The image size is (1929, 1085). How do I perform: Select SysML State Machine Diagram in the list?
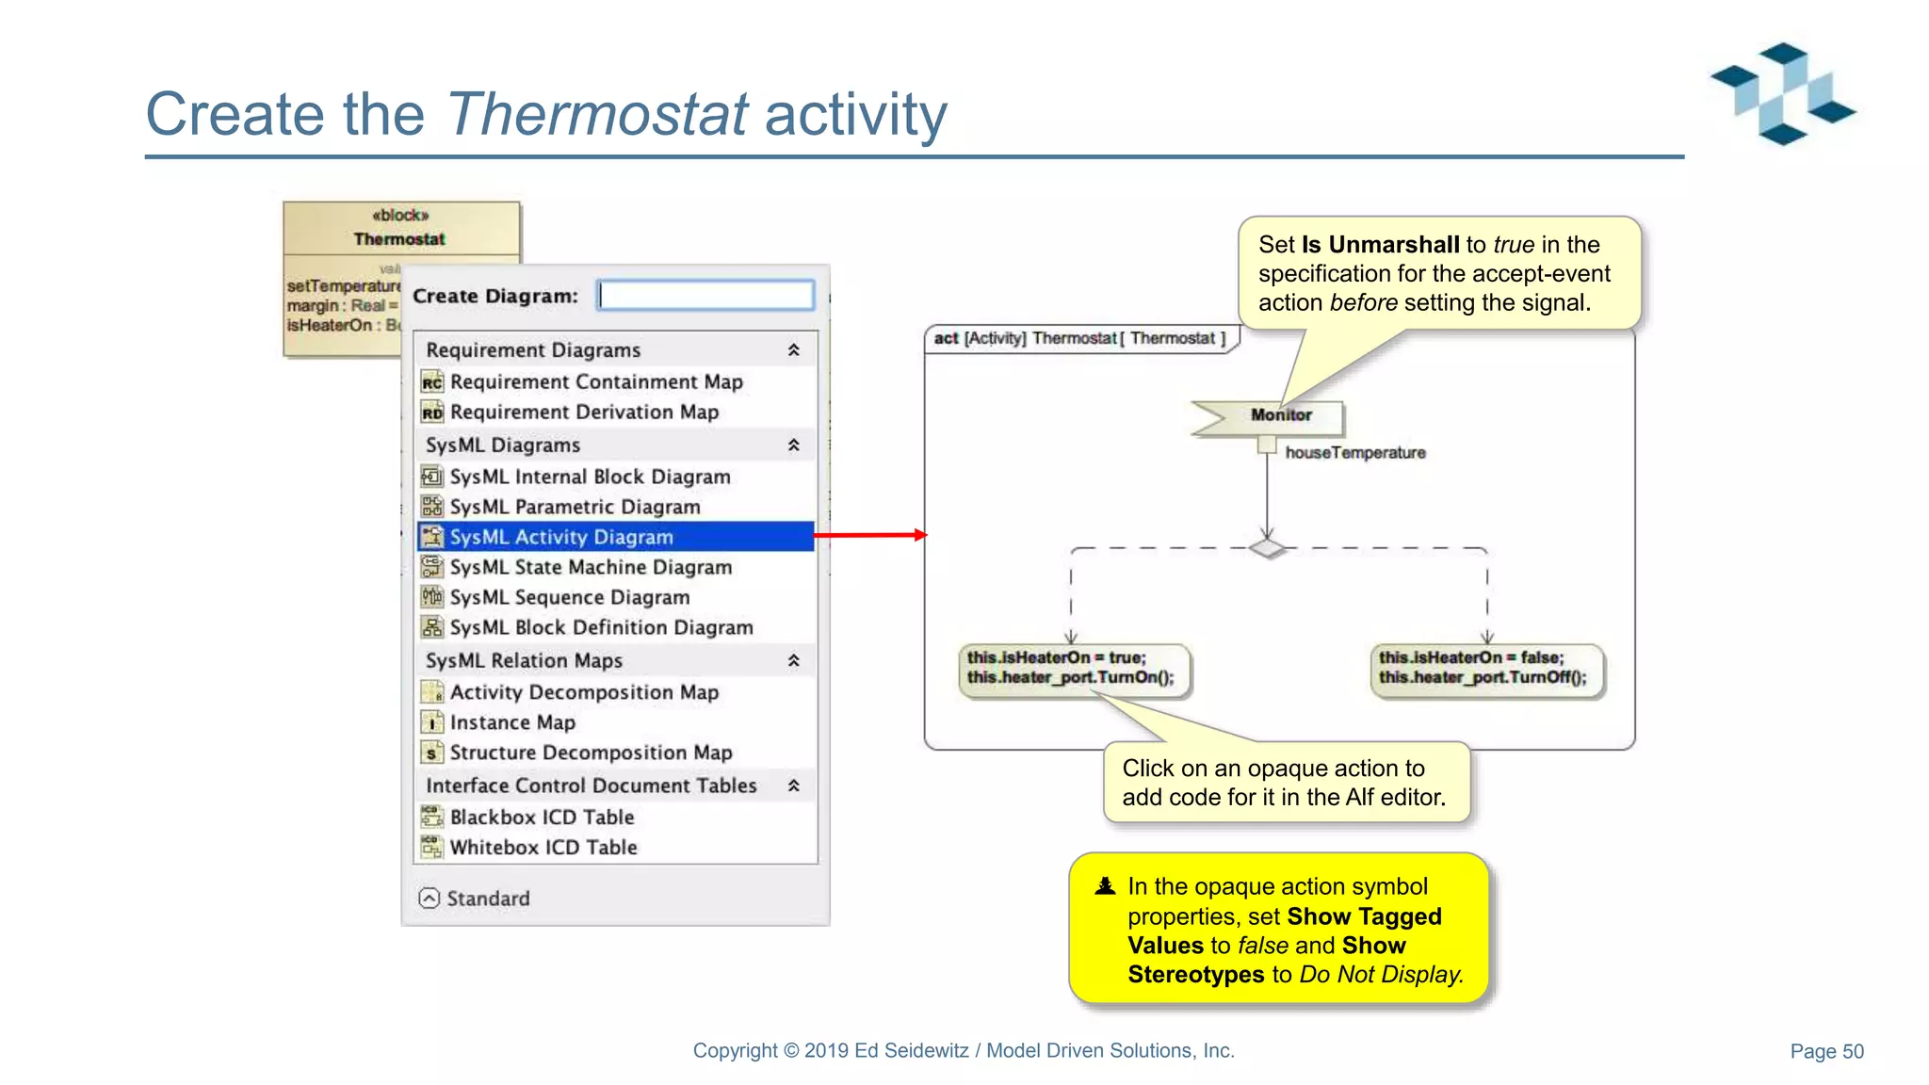[590, 567]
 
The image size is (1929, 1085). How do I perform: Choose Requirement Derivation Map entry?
[583, 413]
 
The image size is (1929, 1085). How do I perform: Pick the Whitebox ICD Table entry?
[543, 848]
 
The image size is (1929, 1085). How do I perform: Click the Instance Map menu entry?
[511, 722]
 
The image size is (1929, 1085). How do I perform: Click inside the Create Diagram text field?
[705, 296]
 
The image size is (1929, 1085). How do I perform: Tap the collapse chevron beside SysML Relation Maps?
[793, 661]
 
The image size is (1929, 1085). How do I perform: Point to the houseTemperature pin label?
[1354, 453]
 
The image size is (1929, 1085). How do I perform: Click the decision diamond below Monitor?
[1267, 548]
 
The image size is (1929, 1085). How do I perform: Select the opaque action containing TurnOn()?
[1073, 669]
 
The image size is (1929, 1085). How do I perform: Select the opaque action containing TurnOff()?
[1484, 669]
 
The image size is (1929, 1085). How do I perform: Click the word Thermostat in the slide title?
[597, 115]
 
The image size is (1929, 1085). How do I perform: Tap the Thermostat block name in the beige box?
[399, 239]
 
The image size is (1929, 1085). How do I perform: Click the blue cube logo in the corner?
[1782, 93]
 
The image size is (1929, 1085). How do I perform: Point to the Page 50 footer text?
[1825, 1051]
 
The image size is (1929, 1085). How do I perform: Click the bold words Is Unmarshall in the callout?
[1380, 245]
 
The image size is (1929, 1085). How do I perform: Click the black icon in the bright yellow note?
[1105, 886]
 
